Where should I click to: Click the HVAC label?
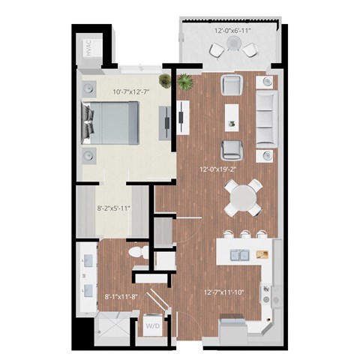pos(88,50)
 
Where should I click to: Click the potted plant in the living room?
pos(184,80)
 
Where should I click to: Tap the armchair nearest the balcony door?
pos(232,84)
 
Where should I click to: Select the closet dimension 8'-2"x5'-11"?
pos(112,209)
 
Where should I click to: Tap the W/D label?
pos(154,326)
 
